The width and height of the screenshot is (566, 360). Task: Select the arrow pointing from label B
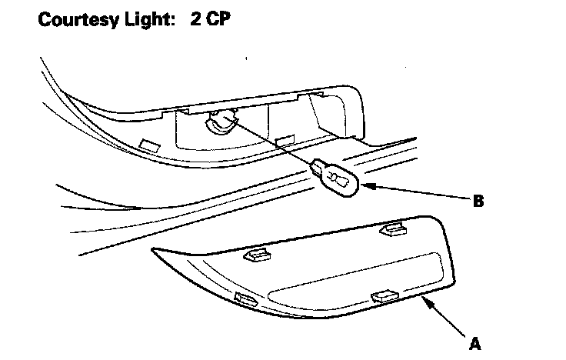[x=415, y=193]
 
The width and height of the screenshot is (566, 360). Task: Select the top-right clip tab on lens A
[x=395, y=228]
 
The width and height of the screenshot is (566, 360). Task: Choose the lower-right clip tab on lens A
[x=382, y=296]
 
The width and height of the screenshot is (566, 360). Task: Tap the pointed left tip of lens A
[x=155, y=249]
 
